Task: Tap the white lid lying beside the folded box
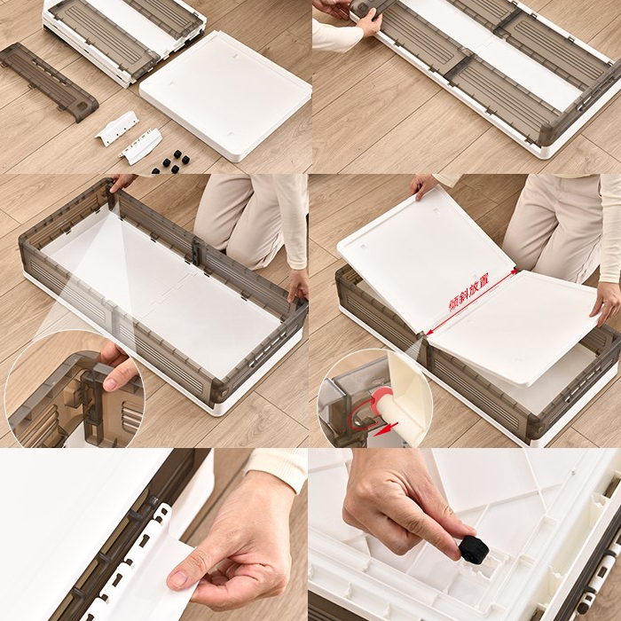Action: [225, 96]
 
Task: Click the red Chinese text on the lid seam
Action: [468, 292]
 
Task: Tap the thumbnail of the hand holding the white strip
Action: [180, 579]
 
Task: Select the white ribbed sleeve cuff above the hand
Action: [278, 468]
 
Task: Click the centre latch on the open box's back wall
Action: [197, 252]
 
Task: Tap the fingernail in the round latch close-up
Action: [110, 383]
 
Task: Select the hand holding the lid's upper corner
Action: [423, 185]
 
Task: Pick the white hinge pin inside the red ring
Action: [389, 412]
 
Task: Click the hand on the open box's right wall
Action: [298, 282]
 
